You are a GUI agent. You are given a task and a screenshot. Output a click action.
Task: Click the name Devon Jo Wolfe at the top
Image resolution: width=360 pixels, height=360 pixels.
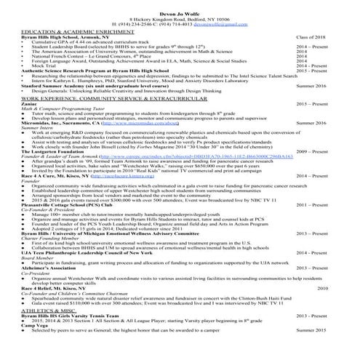point(179,7)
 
